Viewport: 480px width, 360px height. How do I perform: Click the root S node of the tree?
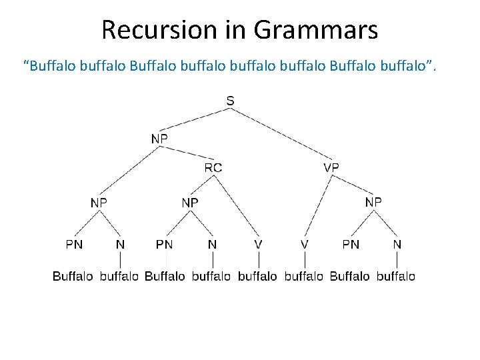(x=230, y=101)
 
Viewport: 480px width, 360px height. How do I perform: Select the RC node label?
(x=213, y=167)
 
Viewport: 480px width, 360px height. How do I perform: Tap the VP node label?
(x=331, y=167)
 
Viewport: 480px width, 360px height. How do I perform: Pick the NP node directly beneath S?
(x=159, y=139)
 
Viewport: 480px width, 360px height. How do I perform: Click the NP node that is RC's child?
(x=190, y=201)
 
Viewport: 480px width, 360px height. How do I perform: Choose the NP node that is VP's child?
(x=373, y=201)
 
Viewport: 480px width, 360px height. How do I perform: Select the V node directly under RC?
(x=258, y=245)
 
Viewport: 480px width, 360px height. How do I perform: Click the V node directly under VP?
(x=305, y=245)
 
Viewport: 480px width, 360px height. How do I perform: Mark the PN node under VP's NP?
(x=351, y=245)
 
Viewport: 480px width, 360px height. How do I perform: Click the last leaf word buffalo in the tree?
(x=395, y=276)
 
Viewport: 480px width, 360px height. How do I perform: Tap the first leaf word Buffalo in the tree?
(x=73, y=276)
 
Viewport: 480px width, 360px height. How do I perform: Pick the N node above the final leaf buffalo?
(x=397, y=245)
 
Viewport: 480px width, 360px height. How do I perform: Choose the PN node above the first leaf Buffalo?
(x=74, y=245)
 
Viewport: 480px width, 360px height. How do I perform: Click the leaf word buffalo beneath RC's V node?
(x=257, y=276)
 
